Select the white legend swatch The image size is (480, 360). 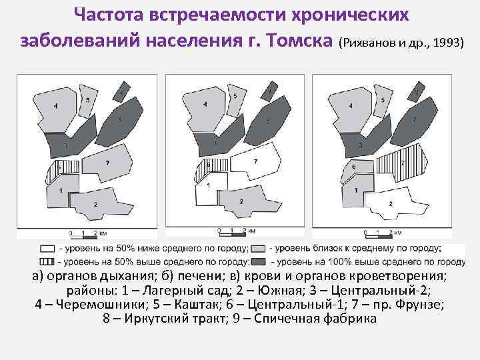[x=47, y=248]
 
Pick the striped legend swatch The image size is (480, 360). [x=47, y=261]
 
